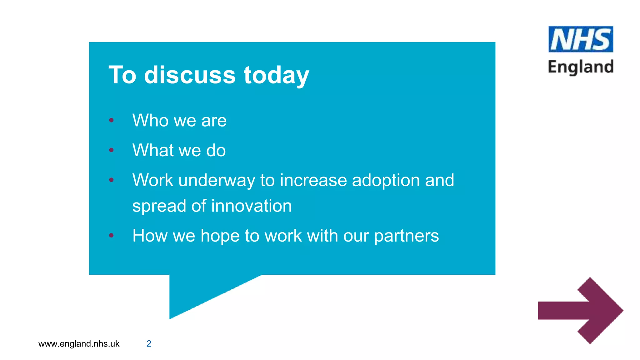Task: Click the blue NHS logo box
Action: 581,39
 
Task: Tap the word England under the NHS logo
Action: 581,67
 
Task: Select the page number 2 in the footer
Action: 149,344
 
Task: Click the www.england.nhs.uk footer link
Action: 79,344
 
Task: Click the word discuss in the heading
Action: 190,75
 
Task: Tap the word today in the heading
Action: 276,76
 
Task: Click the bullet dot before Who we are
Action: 111,120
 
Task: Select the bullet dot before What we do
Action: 111,150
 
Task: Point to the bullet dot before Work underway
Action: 111,180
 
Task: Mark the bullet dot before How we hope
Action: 111,235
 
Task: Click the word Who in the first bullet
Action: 150,120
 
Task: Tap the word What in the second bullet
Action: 153,150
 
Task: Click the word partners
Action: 406,236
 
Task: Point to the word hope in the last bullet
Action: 220,236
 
